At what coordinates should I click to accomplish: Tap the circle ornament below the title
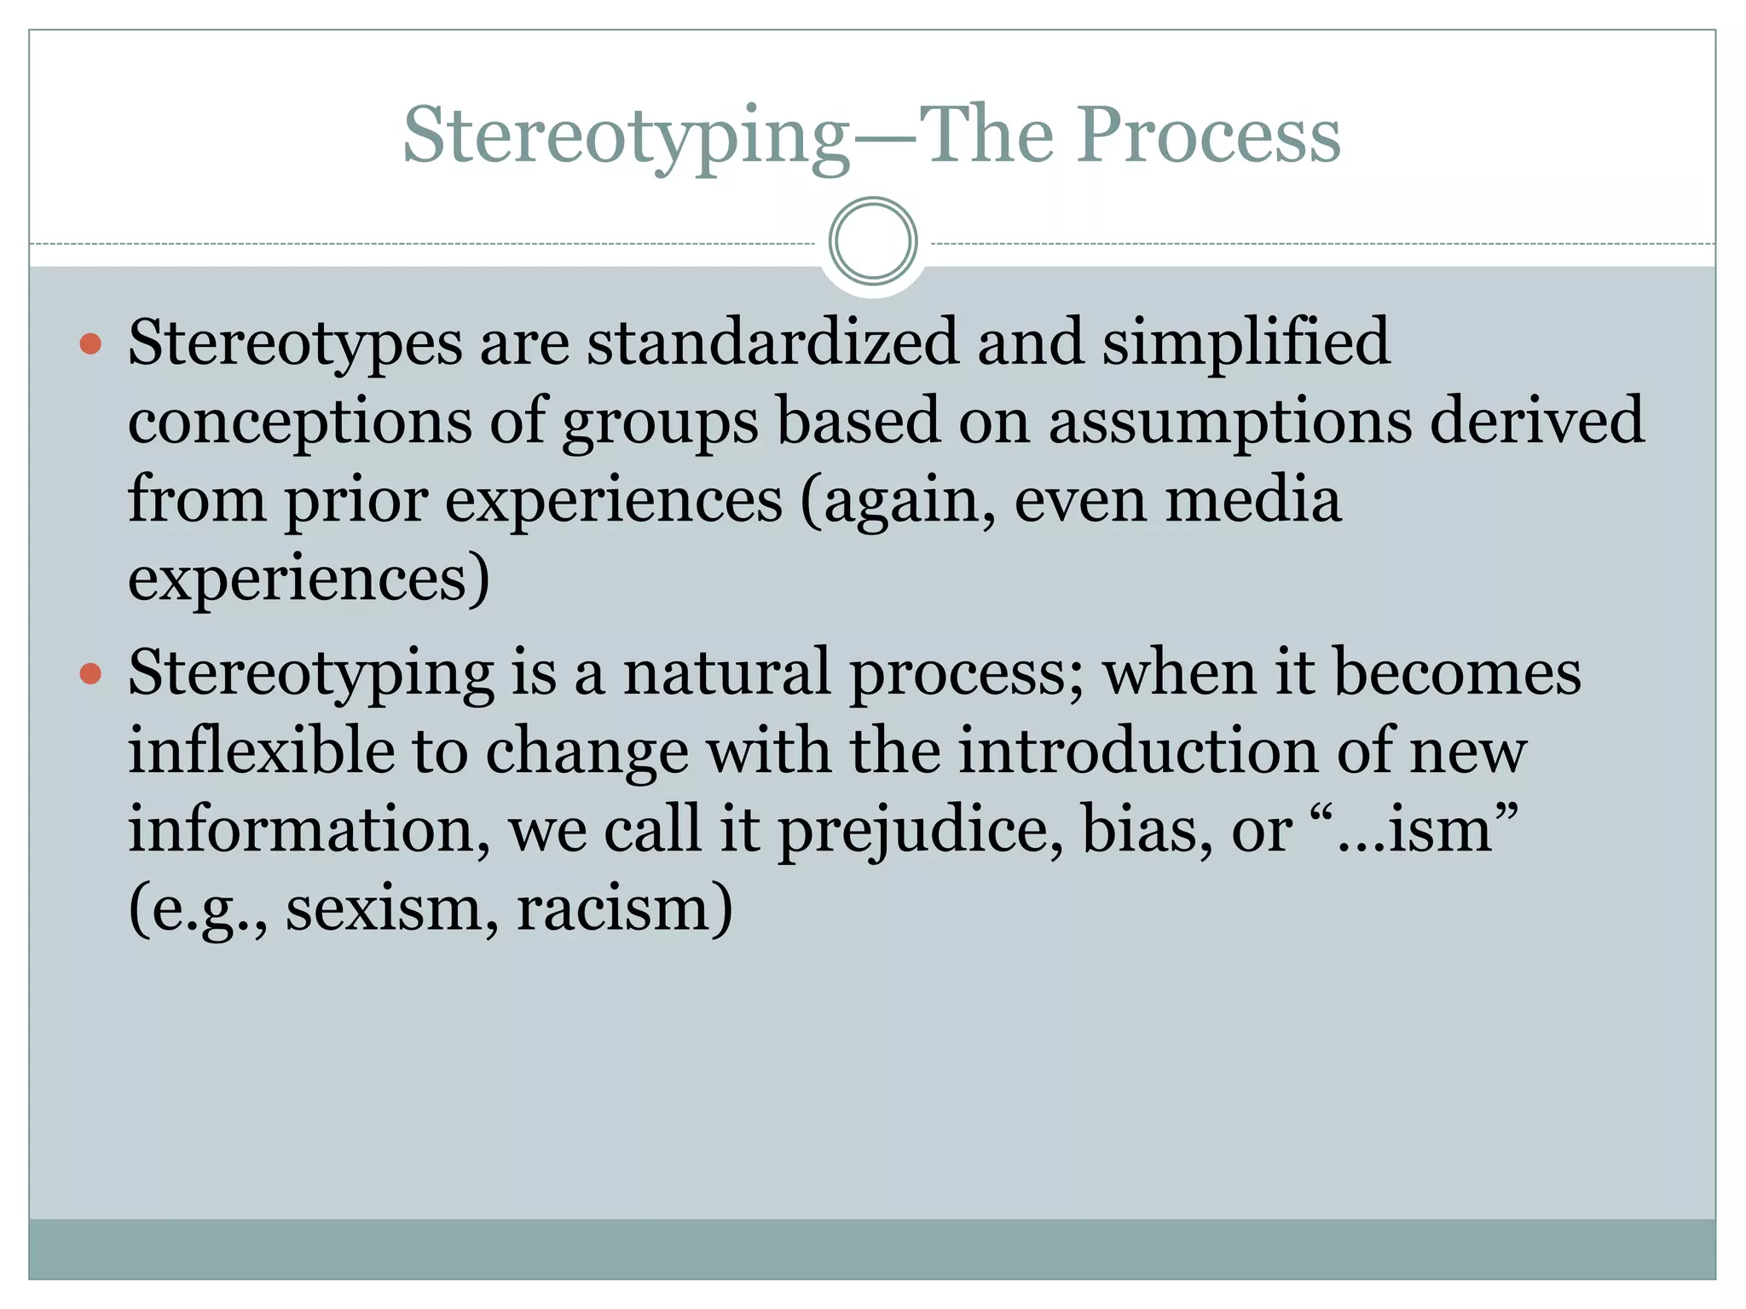pos(873,241)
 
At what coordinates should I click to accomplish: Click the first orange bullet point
pos(90,344)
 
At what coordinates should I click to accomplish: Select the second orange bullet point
pos(90,675)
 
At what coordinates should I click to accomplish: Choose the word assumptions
pos(1229,421)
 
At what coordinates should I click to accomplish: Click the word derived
pos(1536,421)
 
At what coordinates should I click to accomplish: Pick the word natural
pos(726,672)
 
